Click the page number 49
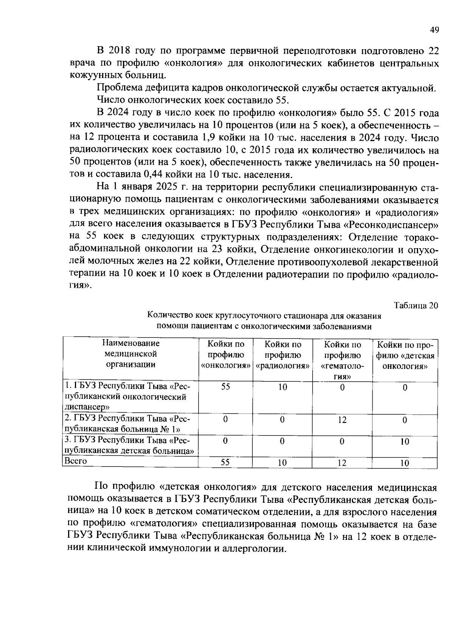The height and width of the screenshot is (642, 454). (x=434, y=30)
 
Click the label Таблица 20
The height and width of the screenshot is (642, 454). (x=416, y=306)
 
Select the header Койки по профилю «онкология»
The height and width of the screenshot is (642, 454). (x=225, y=355)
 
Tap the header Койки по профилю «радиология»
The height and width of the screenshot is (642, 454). (x=283, y=355)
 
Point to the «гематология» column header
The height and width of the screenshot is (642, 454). (x=342, y=361)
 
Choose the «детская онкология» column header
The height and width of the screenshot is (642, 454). (x=405, y=355)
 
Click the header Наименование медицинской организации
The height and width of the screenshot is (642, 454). (x=131, y=354)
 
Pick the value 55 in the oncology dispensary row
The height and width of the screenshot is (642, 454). (x=225, y=387)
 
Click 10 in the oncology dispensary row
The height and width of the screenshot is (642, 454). (x=283, y=387)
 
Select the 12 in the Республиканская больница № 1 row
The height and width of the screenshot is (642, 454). (x=342, y=420)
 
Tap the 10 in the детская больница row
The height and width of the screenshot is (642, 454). (x=405, y=441)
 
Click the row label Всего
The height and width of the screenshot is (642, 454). (x=76, y=461)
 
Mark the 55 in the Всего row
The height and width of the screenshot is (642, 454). (x=225, y=463)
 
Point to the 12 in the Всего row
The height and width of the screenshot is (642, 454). (x=342, y=463)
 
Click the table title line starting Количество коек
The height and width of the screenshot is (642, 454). (x=264, y=316)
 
